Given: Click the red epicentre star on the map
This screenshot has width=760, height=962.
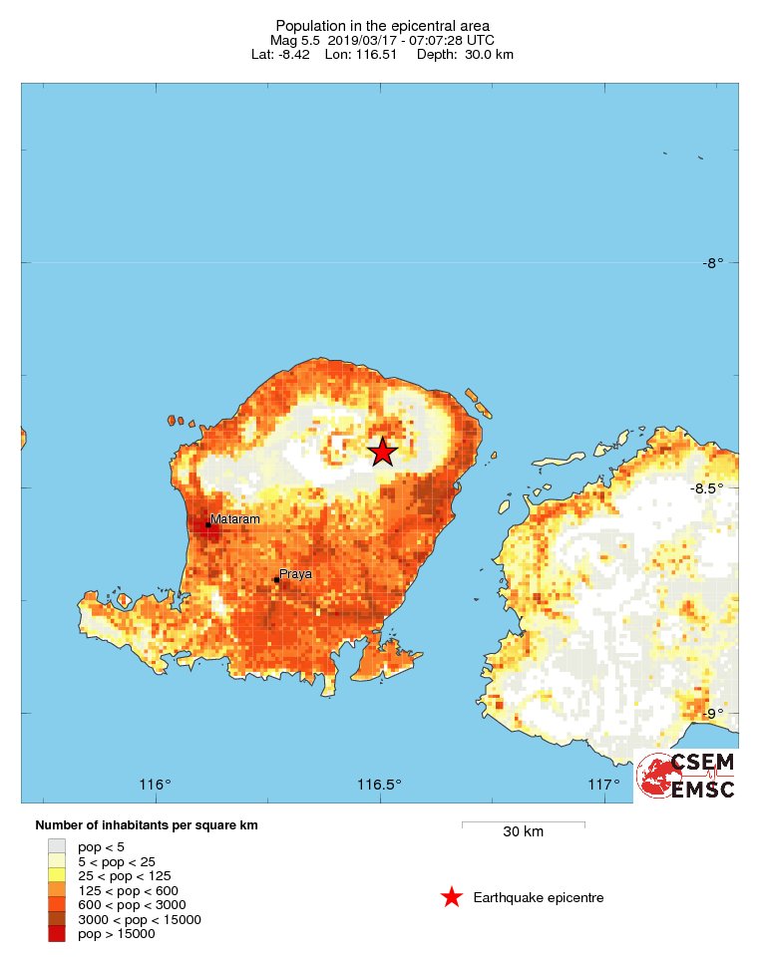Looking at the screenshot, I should (382, 452).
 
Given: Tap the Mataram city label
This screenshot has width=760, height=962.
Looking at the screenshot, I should (235, 519).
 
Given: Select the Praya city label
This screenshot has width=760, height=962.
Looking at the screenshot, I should (295, 574).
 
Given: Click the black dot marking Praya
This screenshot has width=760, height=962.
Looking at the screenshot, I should (276, 579).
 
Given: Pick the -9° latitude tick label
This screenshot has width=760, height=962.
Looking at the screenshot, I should (711, 713).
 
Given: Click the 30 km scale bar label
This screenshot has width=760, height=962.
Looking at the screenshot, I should (523, 832).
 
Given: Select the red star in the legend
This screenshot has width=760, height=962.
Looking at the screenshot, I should (452, 897).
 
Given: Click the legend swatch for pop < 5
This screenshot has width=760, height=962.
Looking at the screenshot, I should (57, 846).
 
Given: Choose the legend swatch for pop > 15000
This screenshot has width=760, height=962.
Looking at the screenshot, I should (57, 934).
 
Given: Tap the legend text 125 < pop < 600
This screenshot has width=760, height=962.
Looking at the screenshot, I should (125, 890).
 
